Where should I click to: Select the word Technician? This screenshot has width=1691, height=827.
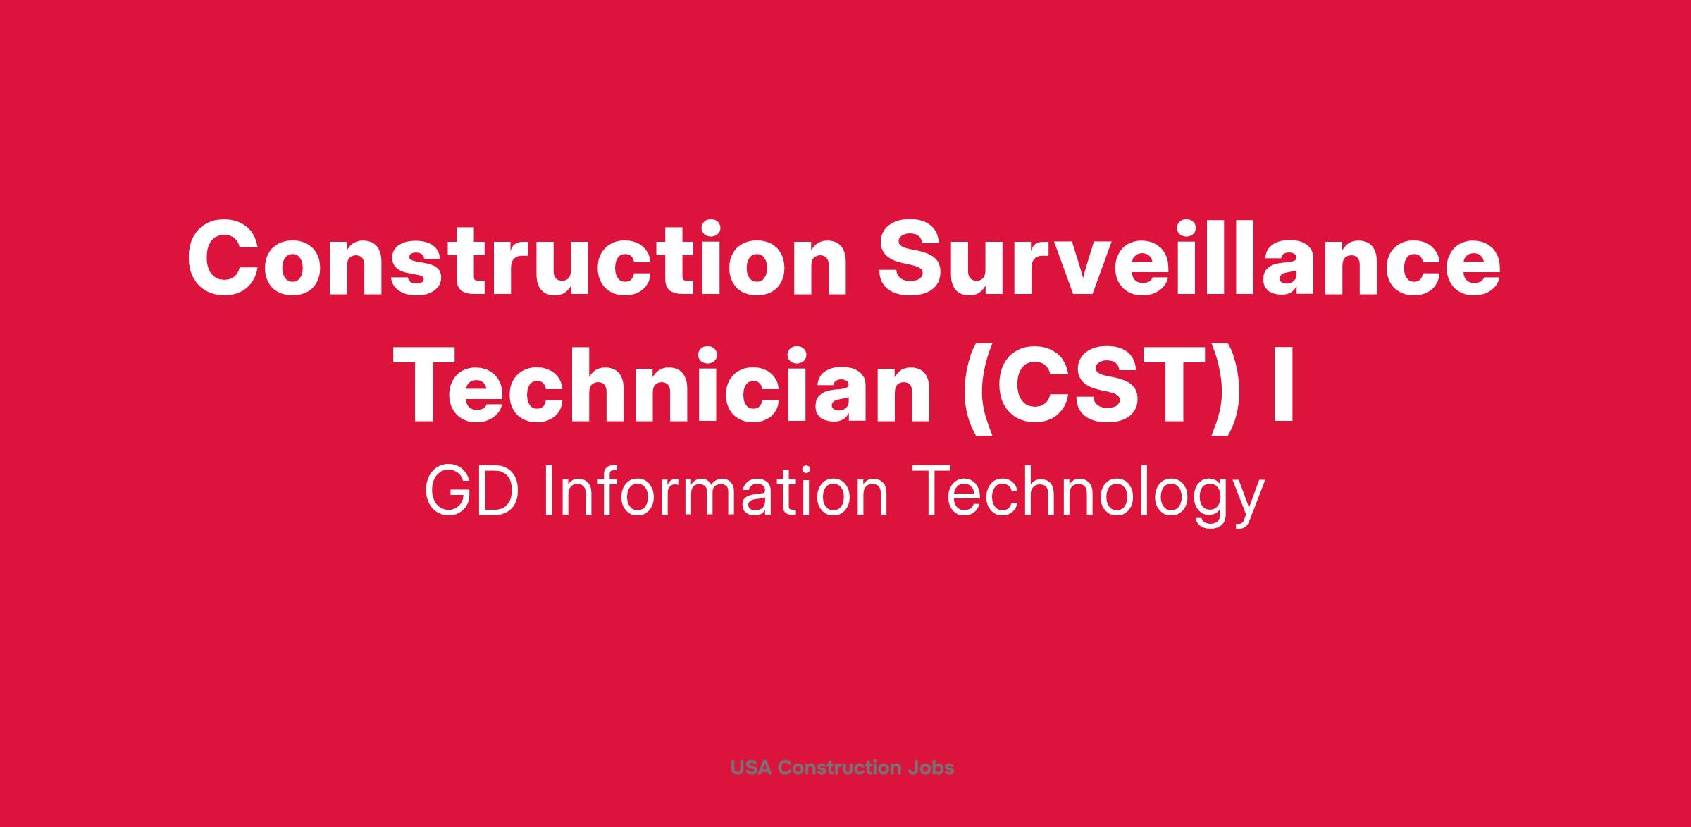click(664, 386)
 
